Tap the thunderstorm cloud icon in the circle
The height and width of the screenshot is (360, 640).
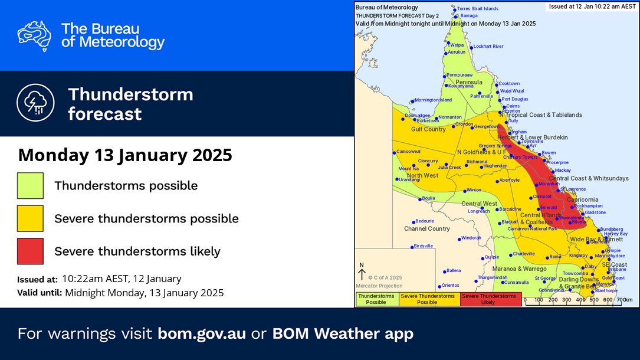[35, 103]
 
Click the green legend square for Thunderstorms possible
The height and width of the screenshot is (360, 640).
[30, 185]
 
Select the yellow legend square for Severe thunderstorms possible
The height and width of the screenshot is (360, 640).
[30, 218]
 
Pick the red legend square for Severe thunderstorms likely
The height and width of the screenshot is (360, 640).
[30, 251]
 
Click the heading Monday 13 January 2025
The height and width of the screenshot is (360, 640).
[125, 155]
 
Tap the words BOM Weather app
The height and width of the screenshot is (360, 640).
[343, 333]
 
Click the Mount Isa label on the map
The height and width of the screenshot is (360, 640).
[409, 169]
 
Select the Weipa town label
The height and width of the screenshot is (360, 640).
[457, 44]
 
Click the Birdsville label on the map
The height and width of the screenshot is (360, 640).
[424, 246]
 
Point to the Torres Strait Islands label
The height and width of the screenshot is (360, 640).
[478, 9]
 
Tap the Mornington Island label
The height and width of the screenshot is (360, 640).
[433, 100]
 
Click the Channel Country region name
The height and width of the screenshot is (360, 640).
[426, 228]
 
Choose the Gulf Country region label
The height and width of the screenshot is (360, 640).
[428, 129]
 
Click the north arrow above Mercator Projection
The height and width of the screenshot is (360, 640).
[362, 272]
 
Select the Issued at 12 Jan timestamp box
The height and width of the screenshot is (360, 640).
[592, 6]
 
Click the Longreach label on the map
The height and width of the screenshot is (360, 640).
[478, 211]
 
